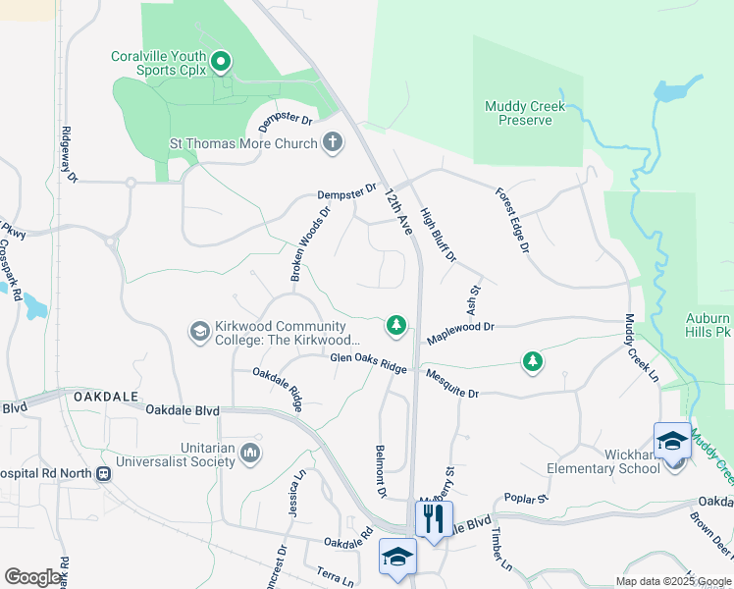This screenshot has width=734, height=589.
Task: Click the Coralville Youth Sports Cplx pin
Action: tap(221, 64)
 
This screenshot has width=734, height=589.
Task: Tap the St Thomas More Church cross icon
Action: tap(333, 143)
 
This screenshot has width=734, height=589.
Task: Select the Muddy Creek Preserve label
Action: tap(518, 113)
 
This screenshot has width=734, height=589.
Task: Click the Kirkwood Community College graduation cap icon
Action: tap(200, 332)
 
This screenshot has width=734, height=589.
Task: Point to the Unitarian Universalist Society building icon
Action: tap(249, 453)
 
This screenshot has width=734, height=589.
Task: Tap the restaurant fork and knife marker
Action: tap(434, 518)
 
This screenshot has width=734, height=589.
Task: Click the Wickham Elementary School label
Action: tap(605, 460)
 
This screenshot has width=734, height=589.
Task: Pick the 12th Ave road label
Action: tap(398, 211)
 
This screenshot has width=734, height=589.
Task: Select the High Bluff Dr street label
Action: tap(438, 235)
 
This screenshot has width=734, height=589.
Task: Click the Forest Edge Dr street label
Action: tap(512, 221)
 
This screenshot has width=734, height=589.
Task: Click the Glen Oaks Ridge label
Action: tap(368, 363)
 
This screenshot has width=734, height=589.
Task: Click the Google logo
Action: tap(33, 577)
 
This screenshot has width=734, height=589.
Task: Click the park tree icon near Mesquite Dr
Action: tap(532, 362)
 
